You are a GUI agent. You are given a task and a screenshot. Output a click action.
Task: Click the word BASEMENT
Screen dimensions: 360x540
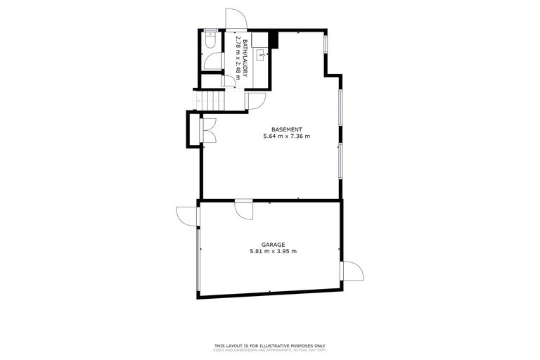pos(287,129)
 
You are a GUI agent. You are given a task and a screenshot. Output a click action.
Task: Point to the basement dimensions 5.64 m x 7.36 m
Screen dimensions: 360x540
pos(287,136)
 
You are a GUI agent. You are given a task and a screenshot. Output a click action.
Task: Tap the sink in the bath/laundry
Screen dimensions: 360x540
pos(262,53)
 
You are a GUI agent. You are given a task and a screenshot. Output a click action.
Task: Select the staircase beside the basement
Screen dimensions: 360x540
pos(210,101)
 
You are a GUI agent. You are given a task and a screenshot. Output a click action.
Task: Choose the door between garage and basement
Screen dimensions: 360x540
pos(243,209)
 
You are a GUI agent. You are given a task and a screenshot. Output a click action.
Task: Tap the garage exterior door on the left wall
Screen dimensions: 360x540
pos(187,214)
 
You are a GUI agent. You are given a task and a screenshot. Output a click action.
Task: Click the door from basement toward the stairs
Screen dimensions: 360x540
pos(254,101)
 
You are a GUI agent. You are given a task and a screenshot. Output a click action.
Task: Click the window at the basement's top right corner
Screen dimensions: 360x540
pos(326,42)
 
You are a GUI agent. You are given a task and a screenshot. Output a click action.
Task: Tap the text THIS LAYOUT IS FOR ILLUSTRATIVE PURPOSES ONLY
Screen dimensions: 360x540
pos(270,345)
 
